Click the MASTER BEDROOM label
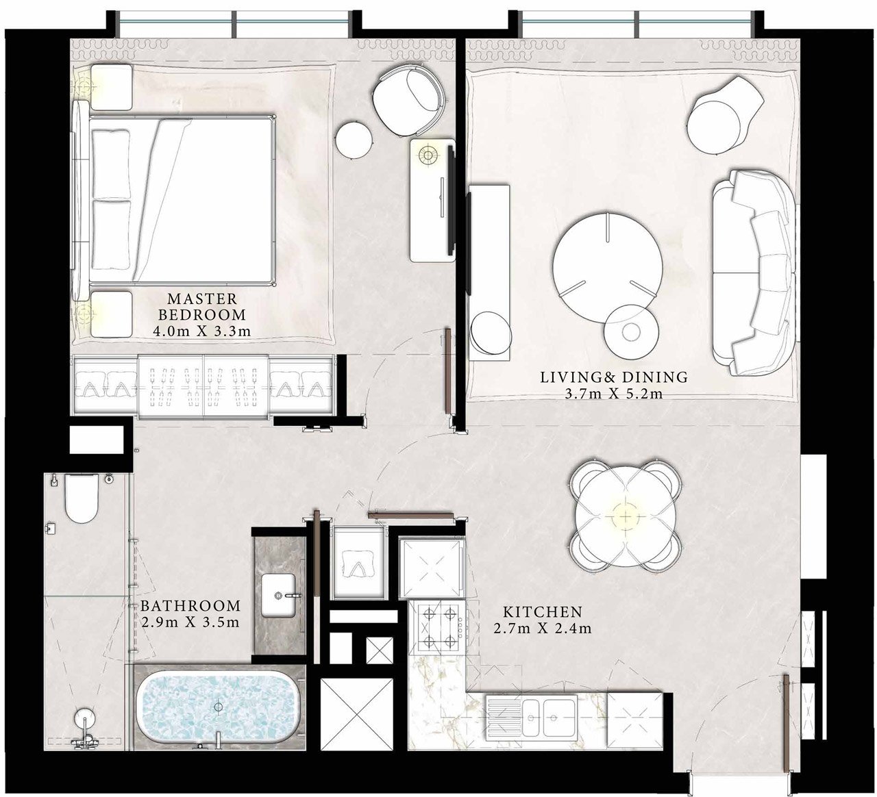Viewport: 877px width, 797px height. (x=202, y=307)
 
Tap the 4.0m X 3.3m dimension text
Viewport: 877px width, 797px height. (x=202, y=331)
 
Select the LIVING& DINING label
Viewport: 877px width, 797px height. (x=614, y=377)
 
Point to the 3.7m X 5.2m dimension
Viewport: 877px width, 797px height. (x=614, y=394)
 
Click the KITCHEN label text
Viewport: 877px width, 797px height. (x=543, y=611)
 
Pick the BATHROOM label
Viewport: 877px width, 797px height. (x=190, y=605)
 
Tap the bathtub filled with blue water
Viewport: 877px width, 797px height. (x=219, y=707)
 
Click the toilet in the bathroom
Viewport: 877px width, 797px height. (x=82, y=498)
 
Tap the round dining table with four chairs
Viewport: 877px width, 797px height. (x=626, y=515)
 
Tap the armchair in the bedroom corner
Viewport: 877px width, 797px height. (x=408, y=100)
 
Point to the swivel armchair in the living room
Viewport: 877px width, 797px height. (x=726, y=114)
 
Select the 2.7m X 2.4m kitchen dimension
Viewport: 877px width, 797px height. (x=543, y=629)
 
